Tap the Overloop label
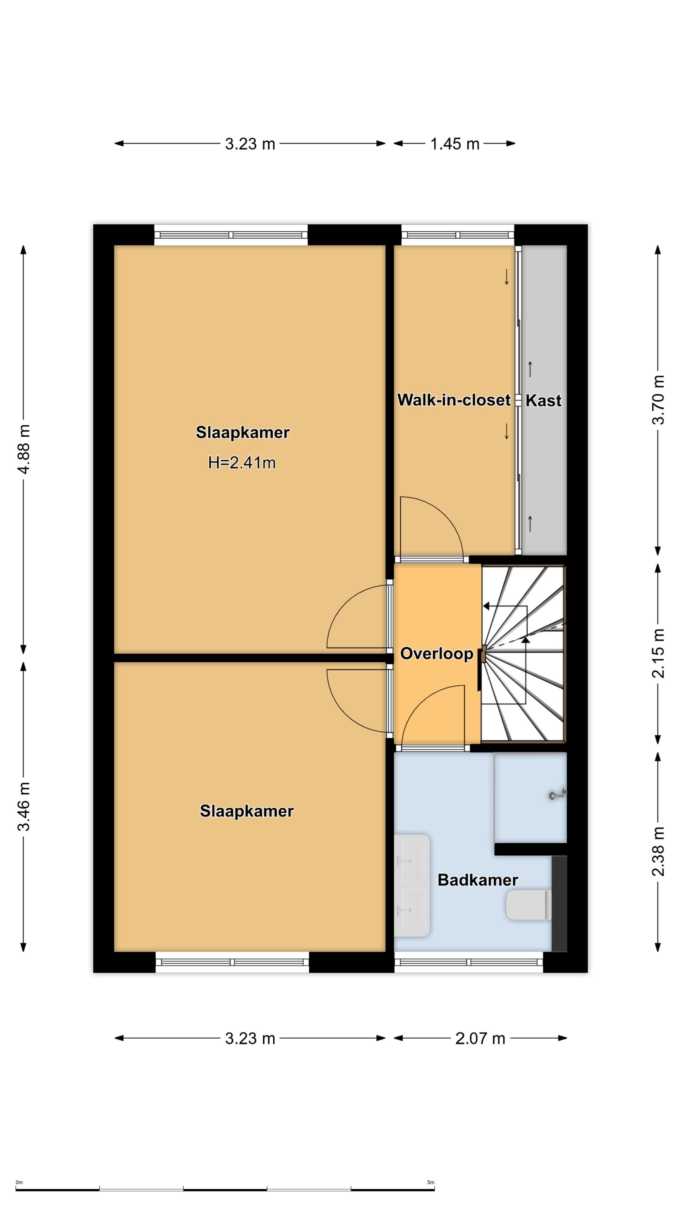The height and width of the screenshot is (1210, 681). point(437,654)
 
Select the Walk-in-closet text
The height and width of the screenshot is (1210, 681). point(454,400)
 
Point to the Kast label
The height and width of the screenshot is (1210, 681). point(543,401)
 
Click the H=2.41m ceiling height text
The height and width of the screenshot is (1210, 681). point(242,463)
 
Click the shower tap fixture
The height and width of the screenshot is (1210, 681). point(558,795)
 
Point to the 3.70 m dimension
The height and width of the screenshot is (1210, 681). point(658,400)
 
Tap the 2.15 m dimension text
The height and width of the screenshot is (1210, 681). point(658,654)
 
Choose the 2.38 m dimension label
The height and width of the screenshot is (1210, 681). point(658,852)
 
